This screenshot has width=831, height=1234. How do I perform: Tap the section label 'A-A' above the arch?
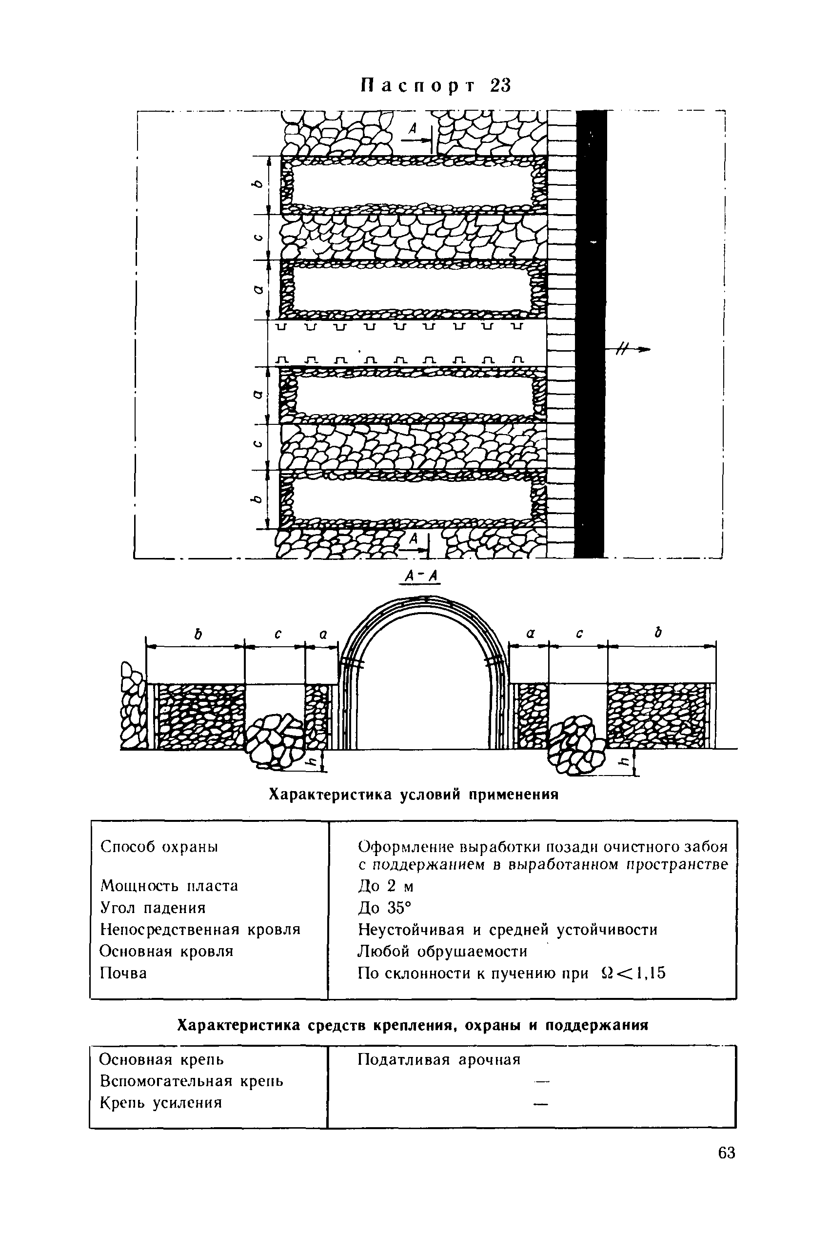(x=422, y=576)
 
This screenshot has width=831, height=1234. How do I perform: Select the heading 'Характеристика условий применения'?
(x=414, y=795)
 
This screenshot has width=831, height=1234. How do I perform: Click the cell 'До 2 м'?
(x=386, y=886)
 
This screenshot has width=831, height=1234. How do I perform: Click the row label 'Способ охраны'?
(x=159, y=847)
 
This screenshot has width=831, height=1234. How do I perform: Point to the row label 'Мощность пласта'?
(x=169, y=886)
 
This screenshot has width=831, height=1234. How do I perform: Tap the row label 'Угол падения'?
(x=153, y=908)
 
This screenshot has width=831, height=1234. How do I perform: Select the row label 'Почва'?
(x=123, y=973)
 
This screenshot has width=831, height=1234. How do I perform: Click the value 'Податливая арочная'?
(x=439, y=1059)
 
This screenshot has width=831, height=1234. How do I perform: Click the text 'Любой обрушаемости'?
(x=442, y=952)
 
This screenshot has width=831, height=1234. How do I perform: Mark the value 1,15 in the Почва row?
(x=651, y=973)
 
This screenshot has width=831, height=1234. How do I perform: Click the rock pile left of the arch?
(x=273, y=740)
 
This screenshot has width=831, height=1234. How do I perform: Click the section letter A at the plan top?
(x=414, y=128)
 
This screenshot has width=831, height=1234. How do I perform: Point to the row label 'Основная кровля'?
(x=166, y=952)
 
